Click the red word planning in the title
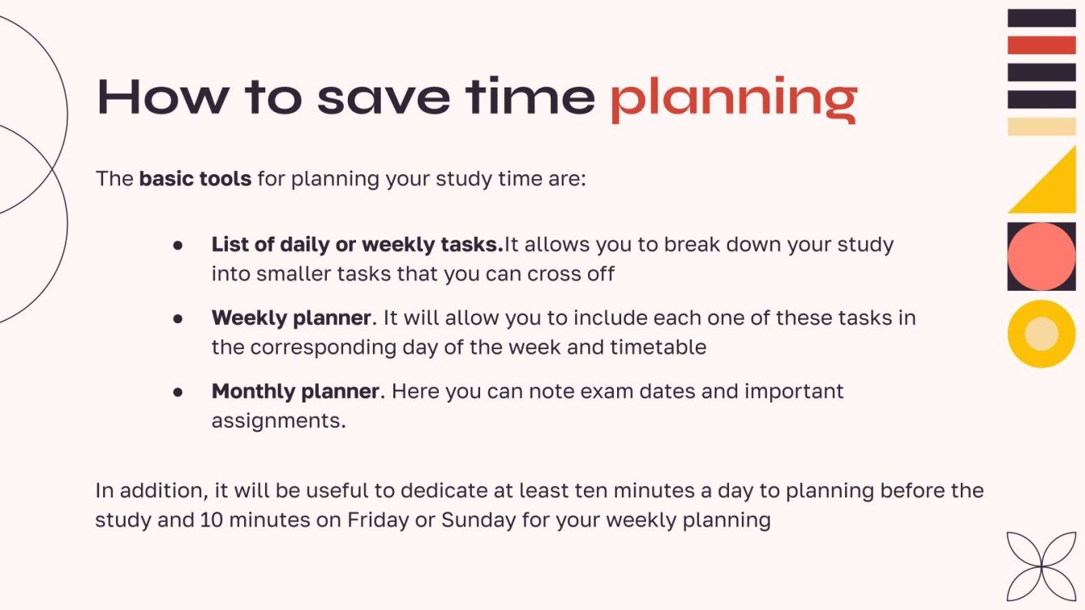[733, 99]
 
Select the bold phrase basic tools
[195, 178]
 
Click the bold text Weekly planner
[291, 318]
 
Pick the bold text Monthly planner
[295, 391]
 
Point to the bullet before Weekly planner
[177, 318]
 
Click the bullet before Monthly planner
[177, 392]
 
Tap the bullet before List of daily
[177, 245]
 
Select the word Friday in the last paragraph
[378, 519]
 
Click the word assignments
[278, 421]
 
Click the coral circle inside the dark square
[1041, 256]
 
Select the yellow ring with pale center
[1041, 334]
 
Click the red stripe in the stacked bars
[1041, 45]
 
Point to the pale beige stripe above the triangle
[1041, 126]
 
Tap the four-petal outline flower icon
[1040, 565]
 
